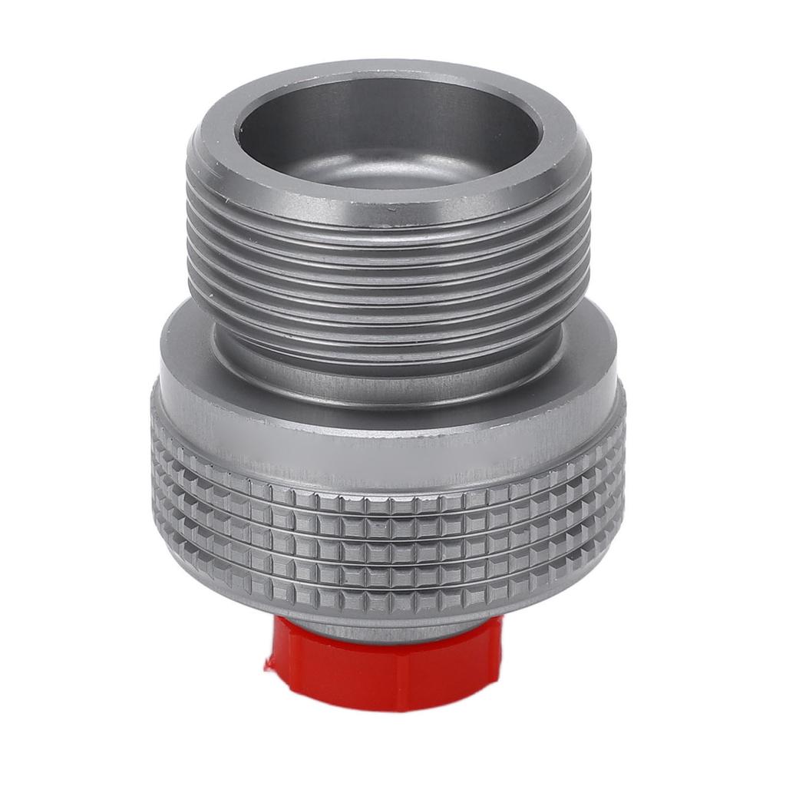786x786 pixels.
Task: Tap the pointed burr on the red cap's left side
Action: tap(269, 662)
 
